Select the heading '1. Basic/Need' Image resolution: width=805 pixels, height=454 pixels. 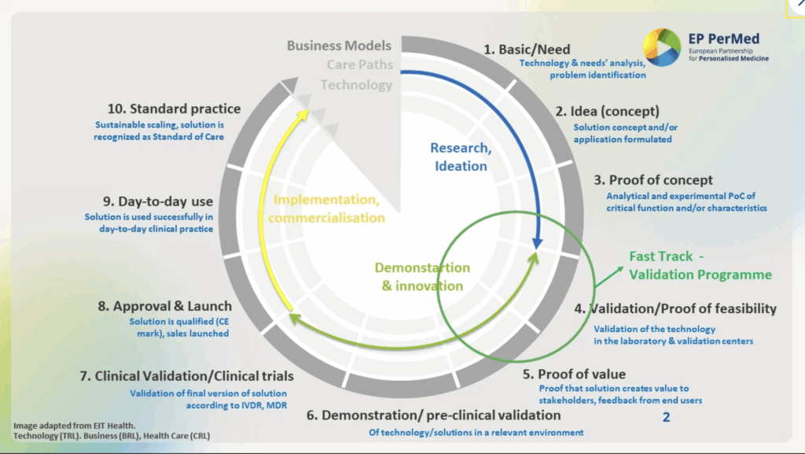[x=527, y=50]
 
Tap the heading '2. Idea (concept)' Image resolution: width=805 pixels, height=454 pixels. [x=608, y=111]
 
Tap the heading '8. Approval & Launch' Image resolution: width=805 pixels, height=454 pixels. [x=165, y=306]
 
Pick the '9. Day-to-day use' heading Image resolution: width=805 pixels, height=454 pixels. [x=149, y=201]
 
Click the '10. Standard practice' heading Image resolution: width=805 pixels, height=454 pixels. [x=174, y=109]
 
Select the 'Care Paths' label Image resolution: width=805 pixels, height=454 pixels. [x=360, y=65]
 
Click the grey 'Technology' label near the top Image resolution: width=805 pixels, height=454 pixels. [x=356, y=85]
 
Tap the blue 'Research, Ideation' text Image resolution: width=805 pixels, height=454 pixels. [x=461, y=157]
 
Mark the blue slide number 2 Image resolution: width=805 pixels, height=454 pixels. [x=666, y=417]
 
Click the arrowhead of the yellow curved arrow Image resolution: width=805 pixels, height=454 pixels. [x=303, y=116]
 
